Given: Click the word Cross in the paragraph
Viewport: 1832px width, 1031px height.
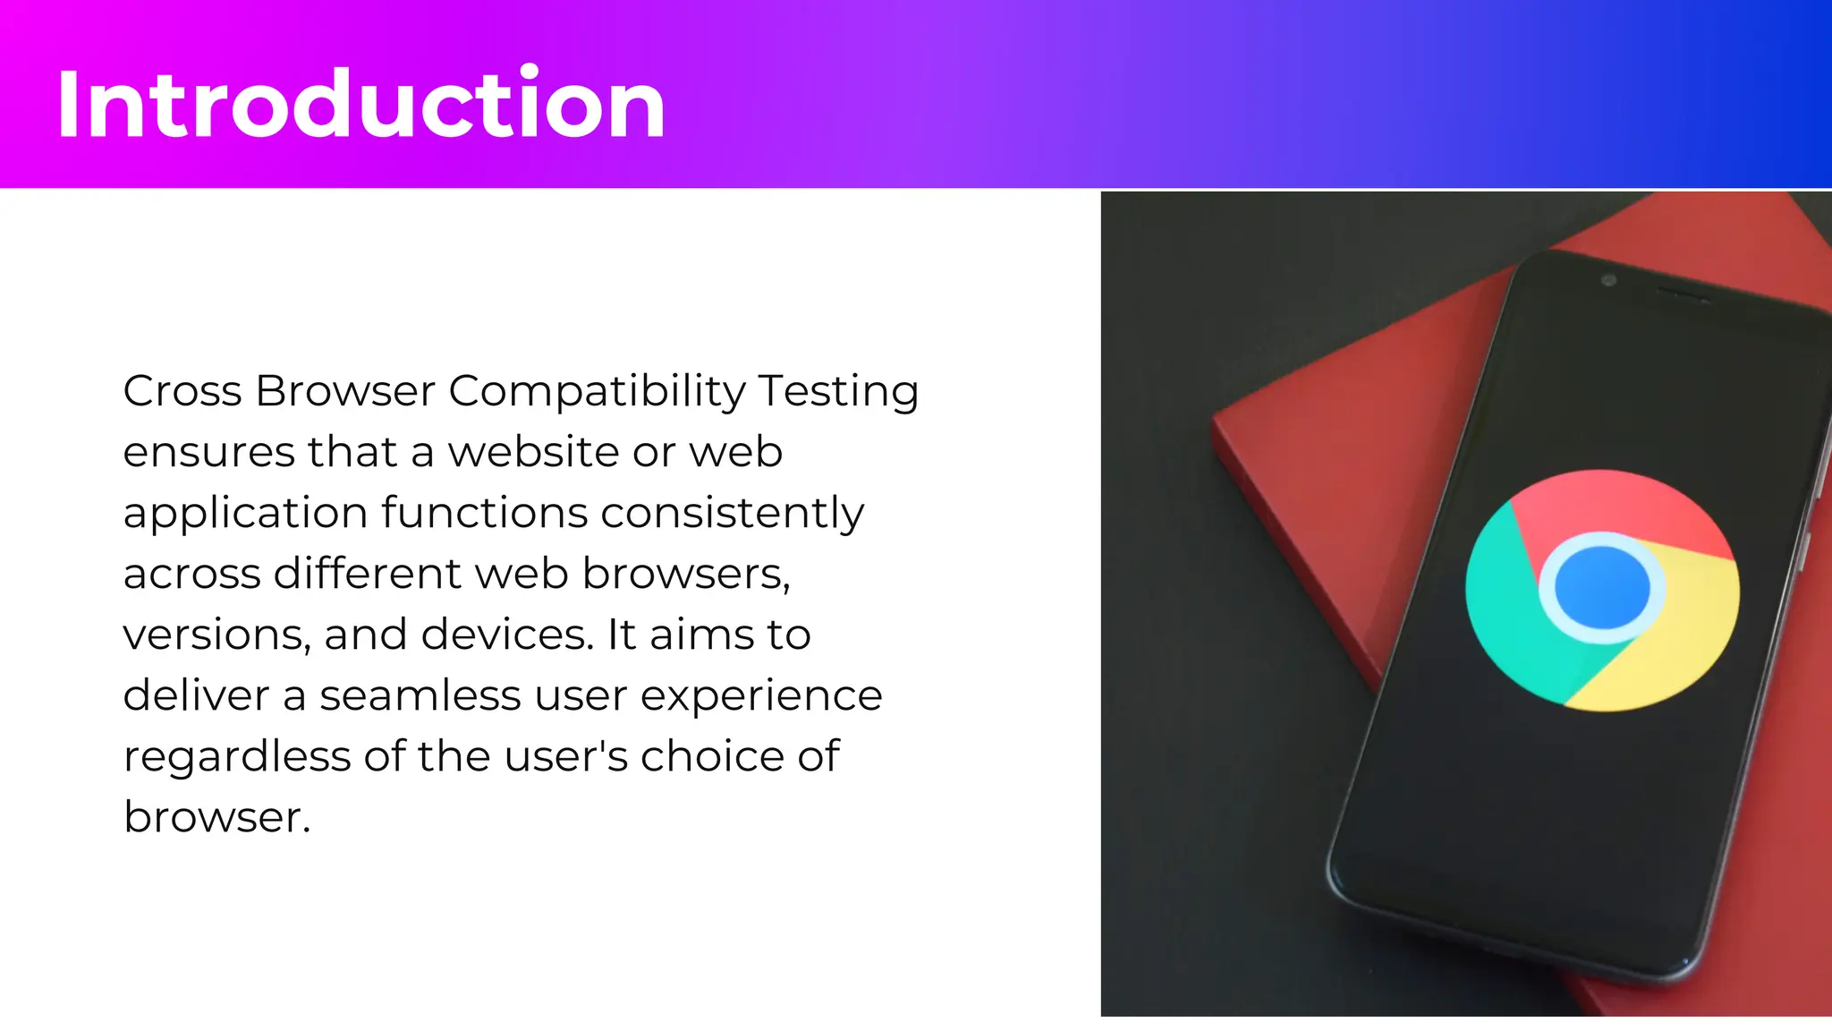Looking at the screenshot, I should click(182, 391).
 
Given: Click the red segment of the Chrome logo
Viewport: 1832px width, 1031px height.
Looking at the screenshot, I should click(1619, 507).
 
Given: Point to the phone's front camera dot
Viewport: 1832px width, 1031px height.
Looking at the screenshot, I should click(1608, 280).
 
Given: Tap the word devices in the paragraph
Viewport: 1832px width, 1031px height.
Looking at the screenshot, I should click(506, 635).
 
